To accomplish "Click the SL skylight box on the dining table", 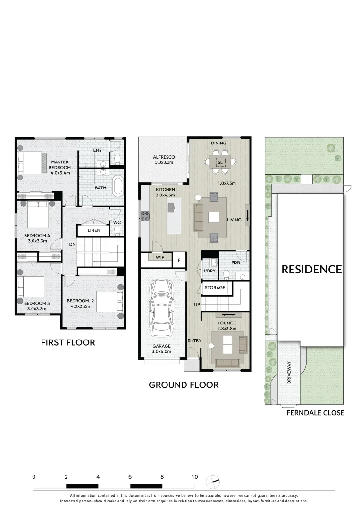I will tap(219, 162).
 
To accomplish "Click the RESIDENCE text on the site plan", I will tap(311, 269).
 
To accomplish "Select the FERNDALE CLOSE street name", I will tap(315, 413).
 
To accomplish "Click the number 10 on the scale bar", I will tap(194, 477).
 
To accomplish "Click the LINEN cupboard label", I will tap(94, 230).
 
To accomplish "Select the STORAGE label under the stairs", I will tap(215, 287).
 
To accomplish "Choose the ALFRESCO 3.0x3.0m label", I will tap(164, 160).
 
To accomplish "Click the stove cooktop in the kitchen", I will tap(144, 216).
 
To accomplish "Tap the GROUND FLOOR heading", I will tap(184, 385).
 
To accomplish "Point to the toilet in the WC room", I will tap(117, 230).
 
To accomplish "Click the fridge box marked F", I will tap(179, 259).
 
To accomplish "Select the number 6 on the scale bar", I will tap(130, 477).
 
